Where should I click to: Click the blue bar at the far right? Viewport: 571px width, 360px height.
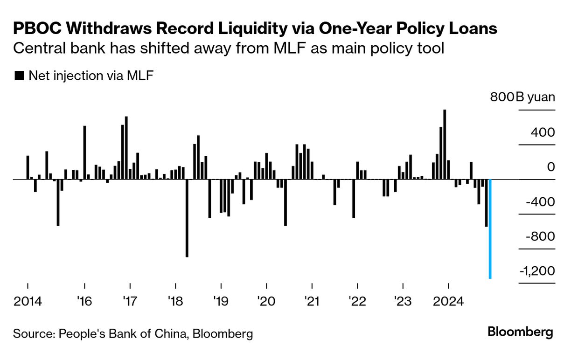coord(490,228)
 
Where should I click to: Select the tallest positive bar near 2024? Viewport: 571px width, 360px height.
coord(445,145)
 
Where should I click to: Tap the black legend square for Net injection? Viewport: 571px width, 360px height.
coord(19,76)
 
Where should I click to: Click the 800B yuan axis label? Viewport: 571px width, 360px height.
coord(522,98)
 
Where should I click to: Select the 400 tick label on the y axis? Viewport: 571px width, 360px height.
coord(543,132)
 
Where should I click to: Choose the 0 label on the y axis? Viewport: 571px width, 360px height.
coord(551,167)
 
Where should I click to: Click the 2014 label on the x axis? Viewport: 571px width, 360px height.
coord(28,301)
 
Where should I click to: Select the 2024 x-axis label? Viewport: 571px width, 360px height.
coord(448,301)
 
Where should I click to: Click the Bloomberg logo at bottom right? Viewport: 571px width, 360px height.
coord(520,332)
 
